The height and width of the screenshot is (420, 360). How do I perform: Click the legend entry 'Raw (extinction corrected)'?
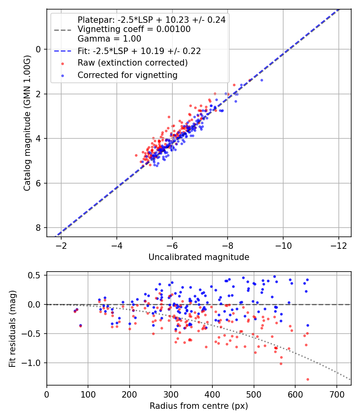point(132,63)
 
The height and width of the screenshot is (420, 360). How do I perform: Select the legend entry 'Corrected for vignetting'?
point(128,75)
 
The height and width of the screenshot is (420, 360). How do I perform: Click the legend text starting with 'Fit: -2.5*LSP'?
point(139,51)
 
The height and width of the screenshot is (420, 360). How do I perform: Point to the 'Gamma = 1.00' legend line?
point(109,39)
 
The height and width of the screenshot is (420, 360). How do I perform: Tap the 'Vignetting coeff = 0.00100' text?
point(134,29)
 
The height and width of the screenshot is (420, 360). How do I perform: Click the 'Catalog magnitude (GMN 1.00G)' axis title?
point(27,122)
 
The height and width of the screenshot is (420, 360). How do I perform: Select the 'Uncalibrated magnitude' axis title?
point(199,257)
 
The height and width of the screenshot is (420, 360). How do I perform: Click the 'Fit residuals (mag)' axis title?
point(12,328)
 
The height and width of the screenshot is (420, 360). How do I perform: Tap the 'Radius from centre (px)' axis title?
point(199,406)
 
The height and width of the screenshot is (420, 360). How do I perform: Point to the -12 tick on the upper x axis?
point(338,244)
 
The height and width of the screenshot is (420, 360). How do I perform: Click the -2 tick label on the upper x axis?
point(61,244)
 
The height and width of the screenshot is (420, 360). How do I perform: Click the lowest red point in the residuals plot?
point(308,379)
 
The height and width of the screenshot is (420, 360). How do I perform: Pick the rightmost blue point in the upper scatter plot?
point(262,80)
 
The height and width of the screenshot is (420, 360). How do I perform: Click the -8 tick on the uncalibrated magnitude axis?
point(228,244)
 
